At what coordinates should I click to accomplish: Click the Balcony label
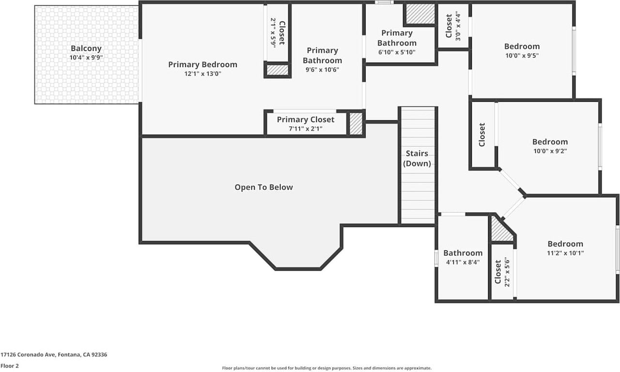(x=86, y=48)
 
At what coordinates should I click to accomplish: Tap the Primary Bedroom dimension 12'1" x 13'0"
(x=202, y=74)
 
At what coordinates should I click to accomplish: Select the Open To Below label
(x=263, y=187)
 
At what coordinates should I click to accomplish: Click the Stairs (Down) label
(x=417, y=158)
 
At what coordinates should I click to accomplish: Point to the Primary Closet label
(x=306, y=120)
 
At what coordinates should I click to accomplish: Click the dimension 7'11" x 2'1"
(x=306, y=129)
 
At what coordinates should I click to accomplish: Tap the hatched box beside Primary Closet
(x=356, y=124)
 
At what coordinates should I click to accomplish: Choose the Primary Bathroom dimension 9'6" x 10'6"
(x=322, y=69)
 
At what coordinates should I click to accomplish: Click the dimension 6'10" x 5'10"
(x=397, y=52)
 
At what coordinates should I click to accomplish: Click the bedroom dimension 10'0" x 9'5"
(x=522, y=55)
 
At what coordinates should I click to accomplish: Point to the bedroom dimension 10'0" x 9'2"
(x=550, y=151)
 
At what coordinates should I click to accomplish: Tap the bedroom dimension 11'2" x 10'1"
(x=565, y=253)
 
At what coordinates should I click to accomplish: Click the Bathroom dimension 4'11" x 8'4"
(x=463, y=262)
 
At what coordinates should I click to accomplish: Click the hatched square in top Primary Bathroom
(x=419, y=14)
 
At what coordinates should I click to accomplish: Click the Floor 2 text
(x=10, y=366)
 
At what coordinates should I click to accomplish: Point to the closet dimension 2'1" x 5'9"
(x=273, y=32)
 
